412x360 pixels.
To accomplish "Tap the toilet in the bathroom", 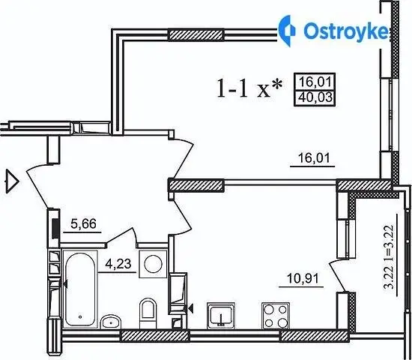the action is (x=148, y=313).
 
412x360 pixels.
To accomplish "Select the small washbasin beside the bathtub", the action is (x=111, y=321).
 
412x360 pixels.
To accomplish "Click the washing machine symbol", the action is (x=153, y=264).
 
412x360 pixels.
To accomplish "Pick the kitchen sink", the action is (x=221, y=316).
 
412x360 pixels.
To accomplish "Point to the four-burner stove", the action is (x=276, y=315).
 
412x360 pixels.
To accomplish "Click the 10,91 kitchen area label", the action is (x=303, y=278).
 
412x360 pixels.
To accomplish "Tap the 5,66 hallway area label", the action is (x=84, y=223).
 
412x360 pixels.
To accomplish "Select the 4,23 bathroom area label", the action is (x=118, y=263).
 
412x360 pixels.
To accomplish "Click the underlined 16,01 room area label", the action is (x=314, y=158).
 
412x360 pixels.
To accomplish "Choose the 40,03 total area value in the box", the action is (x=315, y=97).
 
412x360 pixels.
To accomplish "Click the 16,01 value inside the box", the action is (x=315, y=82).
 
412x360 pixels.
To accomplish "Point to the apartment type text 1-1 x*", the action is (x=250, y=88).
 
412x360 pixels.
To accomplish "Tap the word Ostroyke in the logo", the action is (x=346, y=31).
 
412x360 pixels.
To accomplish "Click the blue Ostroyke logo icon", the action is (x=287, y=31).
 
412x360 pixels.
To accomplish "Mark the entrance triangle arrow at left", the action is (x=12, y=181).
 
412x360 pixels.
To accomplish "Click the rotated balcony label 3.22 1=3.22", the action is (x=389, y=256).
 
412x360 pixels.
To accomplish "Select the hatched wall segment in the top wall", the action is (x=196, y=34).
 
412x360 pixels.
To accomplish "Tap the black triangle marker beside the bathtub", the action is (x=64, y=284).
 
